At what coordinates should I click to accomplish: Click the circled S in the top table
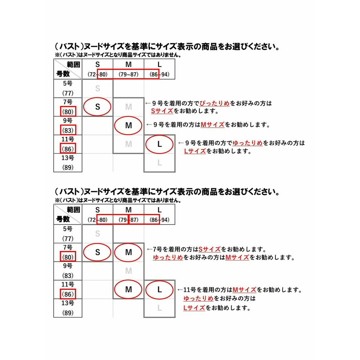click(97, 107)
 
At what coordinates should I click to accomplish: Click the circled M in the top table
click(129, 125)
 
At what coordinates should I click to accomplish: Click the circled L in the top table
click(159, 144)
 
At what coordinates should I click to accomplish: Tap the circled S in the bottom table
click(97, 252)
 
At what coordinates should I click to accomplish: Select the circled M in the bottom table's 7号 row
click(129, 252)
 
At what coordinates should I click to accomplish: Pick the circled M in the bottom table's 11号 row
click(129, 289)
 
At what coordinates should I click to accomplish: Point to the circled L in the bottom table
click(159, 289)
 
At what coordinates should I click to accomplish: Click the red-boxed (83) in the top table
click(68, 130)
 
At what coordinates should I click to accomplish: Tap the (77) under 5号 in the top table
click(68, 93)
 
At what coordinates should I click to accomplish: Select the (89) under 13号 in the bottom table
click(68, 313)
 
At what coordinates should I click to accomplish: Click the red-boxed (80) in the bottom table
click(68, 257)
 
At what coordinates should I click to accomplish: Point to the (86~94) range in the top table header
click(159, 75)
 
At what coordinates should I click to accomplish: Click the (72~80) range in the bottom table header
click(97, 220)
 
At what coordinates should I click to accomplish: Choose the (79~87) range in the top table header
click(129, 75)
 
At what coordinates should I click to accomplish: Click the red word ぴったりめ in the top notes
click(215, 103)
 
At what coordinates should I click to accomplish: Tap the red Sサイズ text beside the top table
click(162, 111)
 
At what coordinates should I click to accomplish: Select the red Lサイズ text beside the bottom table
click(194, 308)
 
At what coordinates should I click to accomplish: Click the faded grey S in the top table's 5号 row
click(98, 89)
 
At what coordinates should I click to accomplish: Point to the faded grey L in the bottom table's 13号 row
click(159, 308)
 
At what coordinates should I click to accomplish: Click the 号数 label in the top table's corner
click(63, 74)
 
